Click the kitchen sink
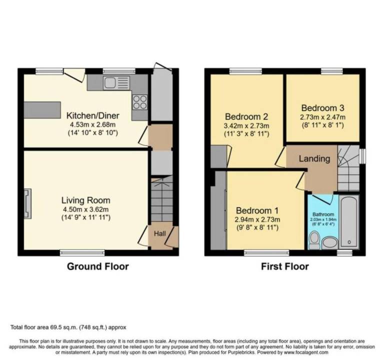coord(116,82)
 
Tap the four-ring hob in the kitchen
coord(140,102)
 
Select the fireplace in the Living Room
coord(27,203)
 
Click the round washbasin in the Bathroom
coord(329,242)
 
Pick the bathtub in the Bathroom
coord(349,222)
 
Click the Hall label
coord(159,233)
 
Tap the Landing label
coord(314,158)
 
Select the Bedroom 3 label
coord(322,108)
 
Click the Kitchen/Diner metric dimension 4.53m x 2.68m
coord(93,124)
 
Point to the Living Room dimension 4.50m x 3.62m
coord(85,209)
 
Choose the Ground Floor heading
coord(97,266)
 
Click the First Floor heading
coord(285,266)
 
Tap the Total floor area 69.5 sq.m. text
coord(44,327)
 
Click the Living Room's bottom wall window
coord(82,252)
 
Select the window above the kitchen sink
coord(119,71)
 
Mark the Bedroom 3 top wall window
coord(332,71)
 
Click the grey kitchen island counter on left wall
coord(42,110)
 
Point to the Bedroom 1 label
coord(257,210)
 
